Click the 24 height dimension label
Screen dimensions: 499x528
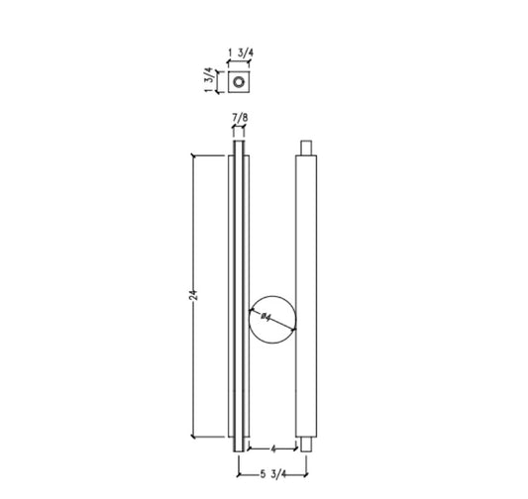pyautogui.click(x=196, y=295)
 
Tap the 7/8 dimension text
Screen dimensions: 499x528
pyautogui.click(x=239, y=119)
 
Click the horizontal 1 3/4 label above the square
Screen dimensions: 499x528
pyautogui.click(x=238, y=52)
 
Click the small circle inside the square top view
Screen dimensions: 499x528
pyautogui.click(x=239, y=79)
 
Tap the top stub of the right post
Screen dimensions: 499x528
pyautogui.click(x=306, y=148)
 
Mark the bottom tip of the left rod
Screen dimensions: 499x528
pyautogui.click(x=239, y=449)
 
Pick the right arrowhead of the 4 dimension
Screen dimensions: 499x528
pyautogui.click(x=297, y=448)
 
